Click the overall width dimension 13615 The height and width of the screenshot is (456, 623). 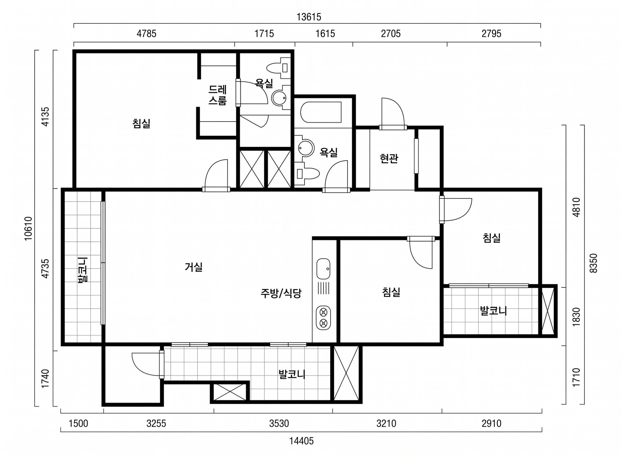(x=309, y=17)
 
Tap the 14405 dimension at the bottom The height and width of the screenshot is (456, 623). (x=301, y=441)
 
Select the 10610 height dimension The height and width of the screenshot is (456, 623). (x=29, y=229)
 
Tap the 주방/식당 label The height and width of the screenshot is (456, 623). (x=281, y=294)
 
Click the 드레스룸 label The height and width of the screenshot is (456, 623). (x=218, y=95)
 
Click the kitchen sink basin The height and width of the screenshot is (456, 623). (x=323, y=269)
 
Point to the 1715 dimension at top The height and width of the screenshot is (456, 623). (x=264, y=34)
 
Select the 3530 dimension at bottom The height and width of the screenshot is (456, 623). (x=279, y=424)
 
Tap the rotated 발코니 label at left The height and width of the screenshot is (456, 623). (x=83, y=270)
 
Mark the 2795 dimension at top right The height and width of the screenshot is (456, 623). (x=491, y=34)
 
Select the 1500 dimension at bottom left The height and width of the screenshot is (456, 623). (x=78, y=424)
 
